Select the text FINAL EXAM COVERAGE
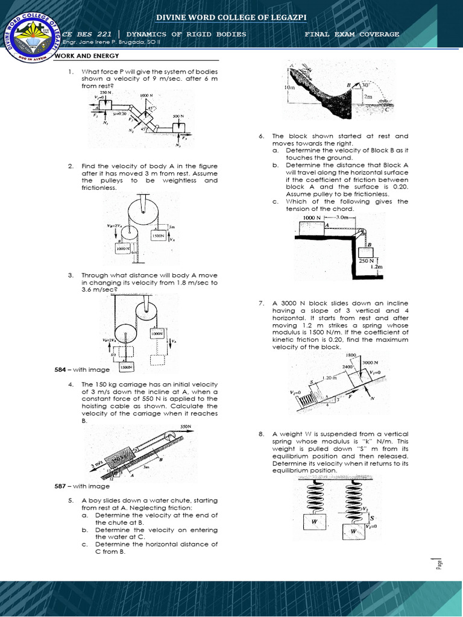352,34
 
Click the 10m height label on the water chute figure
289,87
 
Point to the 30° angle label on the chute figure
365,85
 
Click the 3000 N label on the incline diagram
370,363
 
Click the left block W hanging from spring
314,521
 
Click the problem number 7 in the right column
261,303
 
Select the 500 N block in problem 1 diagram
178,127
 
